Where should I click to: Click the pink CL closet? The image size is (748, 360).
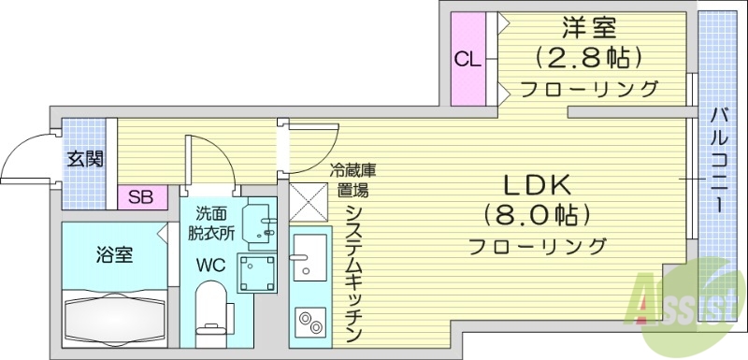pos(467,59)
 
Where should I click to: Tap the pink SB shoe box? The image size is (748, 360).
pos(141,197)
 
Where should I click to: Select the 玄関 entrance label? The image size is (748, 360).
pos(84,158)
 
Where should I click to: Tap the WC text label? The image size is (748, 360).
pos(211,264)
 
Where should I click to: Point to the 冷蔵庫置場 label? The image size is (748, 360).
pos(352,180)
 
